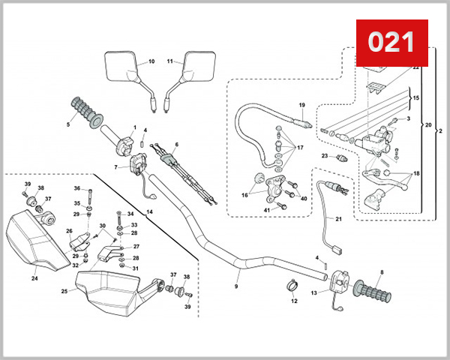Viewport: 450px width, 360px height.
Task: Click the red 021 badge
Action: pos(391,41)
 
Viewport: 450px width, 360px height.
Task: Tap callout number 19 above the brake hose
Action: pos(301,104)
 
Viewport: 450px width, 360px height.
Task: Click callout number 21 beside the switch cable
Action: pos(338,219)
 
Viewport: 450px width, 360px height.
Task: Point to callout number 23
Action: pos(325,156)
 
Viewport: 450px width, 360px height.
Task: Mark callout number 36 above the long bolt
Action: pos(76,188)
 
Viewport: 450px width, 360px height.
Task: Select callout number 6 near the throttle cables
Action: pos(177,144)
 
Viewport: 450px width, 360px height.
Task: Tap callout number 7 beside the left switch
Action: pos(116,166)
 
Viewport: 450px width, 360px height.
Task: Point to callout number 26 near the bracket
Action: pos(69,231)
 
